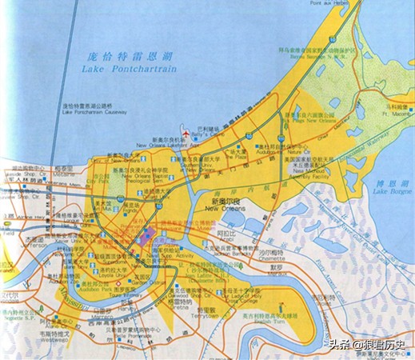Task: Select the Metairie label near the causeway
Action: click(42, 170)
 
